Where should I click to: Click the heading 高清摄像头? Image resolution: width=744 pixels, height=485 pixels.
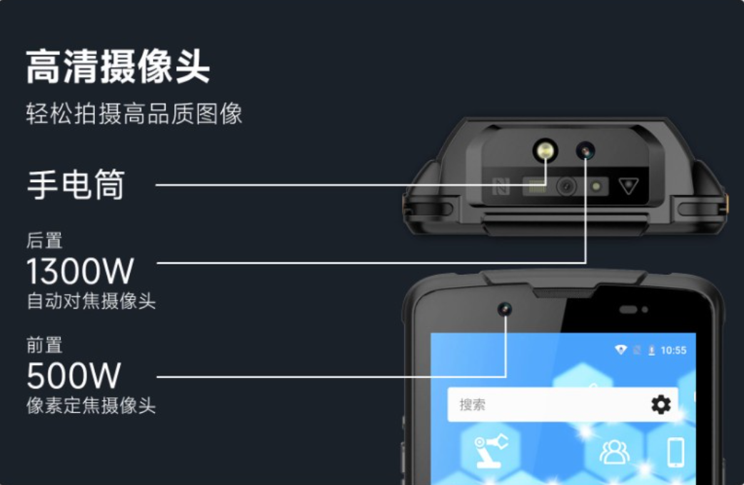click(x=118, y=66)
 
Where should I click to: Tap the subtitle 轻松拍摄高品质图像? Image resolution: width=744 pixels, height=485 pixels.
click(x=134, y=114)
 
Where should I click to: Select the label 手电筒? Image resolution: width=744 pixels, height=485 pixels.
click(x=76, y=184)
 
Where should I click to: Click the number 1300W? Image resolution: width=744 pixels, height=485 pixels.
click(x=80, y=271)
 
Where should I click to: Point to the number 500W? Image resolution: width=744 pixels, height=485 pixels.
click(x=74, y=376)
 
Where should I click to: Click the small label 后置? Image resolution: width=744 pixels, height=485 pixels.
click(x=44, y=241)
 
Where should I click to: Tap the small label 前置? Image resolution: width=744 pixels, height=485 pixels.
click(x=44, y=345)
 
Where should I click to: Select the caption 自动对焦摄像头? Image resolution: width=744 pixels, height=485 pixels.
click(x=91, y=301)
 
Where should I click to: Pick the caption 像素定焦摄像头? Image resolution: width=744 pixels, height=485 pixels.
click(x=91, y=406)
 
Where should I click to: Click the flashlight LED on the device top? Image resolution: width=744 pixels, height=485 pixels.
click(x=546, y=151)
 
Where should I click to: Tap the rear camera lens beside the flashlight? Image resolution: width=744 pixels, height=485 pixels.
click(x=586, y=151)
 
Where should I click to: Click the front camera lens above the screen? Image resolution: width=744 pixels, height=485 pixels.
click(x=505, y=309)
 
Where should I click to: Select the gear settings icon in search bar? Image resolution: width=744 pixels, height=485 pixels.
click(x=661, y=404)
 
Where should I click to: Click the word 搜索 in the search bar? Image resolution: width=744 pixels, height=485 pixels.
click(x=472, y=405)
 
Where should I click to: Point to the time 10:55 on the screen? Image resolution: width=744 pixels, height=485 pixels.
click(x=673, y=350)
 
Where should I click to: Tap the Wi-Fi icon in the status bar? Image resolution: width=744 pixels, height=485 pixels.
click(x=620, y=350)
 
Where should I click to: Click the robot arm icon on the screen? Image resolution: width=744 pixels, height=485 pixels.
click(x=491, y=450)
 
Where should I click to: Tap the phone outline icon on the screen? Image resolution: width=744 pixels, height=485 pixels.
click(x=675, y=451)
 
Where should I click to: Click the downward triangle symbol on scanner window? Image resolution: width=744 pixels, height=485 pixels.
click(x=629, y=186)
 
